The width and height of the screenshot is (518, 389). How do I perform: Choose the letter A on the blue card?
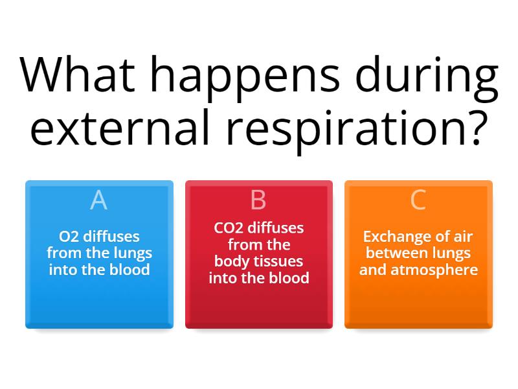tap(98, 200)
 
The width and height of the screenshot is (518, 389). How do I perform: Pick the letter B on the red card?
tap(258, 200)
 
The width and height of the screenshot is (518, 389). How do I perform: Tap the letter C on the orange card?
tap(418, 200)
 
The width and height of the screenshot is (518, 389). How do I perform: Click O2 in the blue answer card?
tap(67, 237)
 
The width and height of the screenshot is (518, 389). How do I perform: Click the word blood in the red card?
tap(289, 278)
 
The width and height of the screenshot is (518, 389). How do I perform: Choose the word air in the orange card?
tap(462, 237)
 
